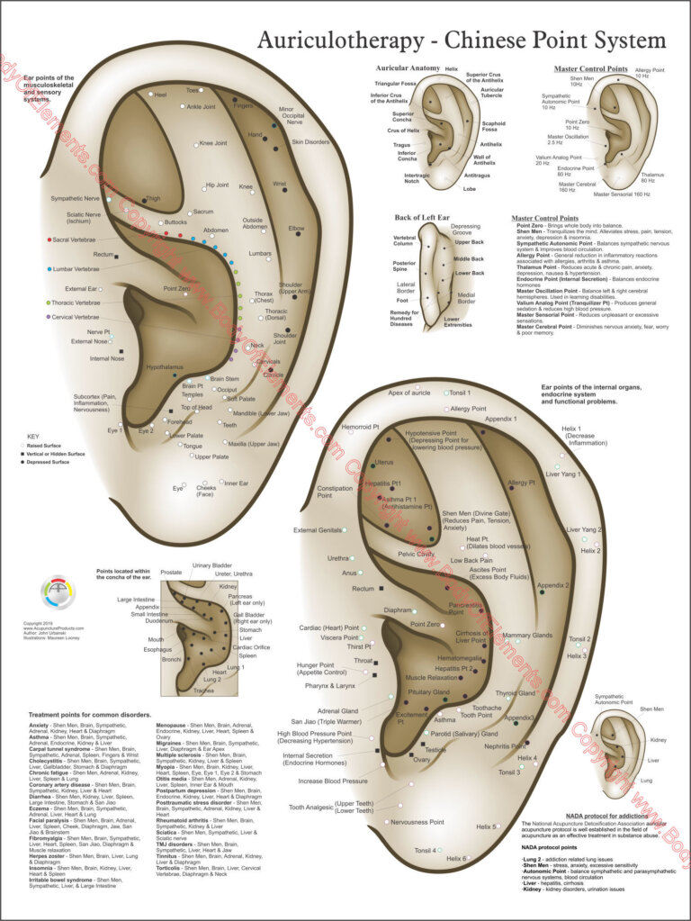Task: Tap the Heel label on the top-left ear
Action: [x=161, y=95]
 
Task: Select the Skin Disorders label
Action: [x=310, y=142]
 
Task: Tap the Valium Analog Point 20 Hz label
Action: [x=555, y=159]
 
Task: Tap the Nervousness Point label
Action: [x=417, y=822]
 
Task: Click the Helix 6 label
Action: [x=457, y=858]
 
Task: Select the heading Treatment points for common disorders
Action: [x=78, y=714]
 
